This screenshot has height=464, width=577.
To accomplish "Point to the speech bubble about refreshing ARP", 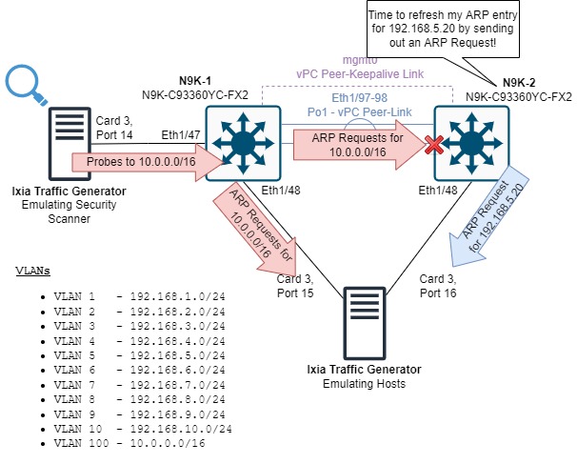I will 446,30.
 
